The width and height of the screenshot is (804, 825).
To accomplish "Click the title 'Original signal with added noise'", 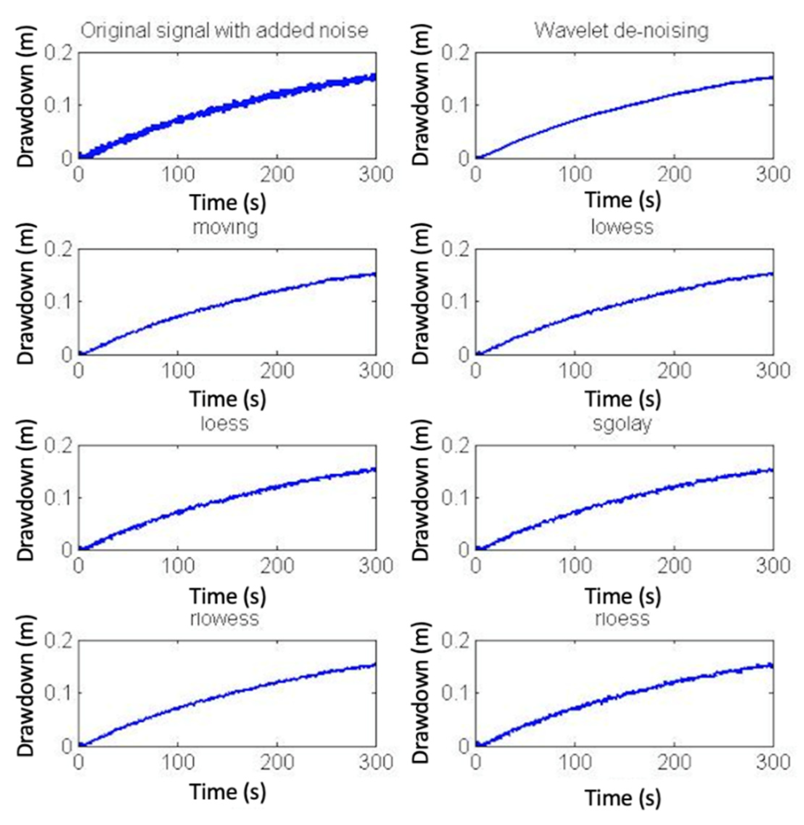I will [224, 31].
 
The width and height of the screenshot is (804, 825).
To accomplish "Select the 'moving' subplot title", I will [225, 227].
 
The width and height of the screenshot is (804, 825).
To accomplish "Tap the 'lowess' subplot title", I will [622, 227].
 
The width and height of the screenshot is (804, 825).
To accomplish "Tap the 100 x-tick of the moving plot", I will [178, 371].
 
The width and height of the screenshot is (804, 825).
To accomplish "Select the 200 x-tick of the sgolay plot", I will [674, 566].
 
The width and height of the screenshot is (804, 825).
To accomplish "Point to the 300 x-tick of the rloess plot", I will [773, 762].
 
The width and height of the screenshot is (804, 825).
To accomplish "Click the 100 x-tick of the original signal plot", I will [178, 175].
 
